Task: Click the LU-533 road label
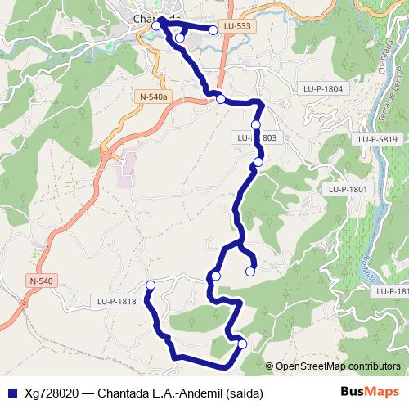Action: (237, 26)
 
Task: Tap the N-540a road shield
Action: (153, 97)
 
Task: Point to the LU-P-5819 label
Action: (377, 140)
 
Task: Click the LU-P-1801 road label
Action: (349, 189)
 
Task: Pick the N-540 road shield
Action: (41, 281)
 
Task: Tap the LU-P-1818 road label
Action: (115, 302)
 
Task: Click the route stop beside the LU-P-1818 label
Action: (150, 285)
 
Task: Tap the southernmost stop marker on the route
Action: (242, 344)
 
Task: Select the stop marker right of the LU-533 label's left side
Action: (213, 30)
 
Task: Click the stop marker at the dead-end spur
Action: (251, 272)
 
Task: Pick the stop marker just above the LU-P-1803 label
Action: (256, 124)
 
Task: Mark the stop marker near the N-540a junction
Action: (220, 99)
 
